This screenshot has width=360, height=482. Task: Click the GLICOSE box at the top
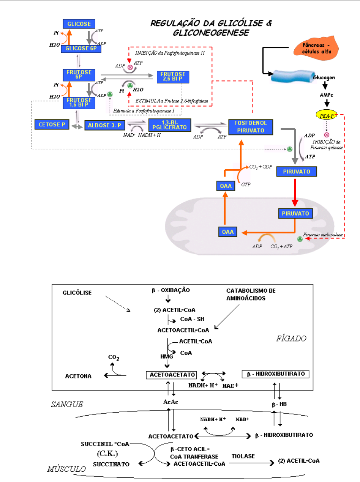pyautogui.click(x=79, y=24)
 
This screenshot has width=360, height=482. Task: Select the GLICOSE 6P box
pyautogui.click(x=79, y=49)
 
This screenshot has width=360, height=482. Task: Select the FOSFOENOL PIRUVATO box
pyautogui.click(x=251, y=127)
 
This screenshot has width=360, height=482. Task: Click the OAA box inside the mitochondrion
pyautogui.click(x=228, y=232)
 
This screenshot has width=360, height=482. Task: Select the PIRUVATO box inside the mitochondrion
pyautogui.click(x=295, y=213)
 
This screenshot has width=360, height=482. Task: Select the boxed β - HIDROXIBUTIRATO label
pyautogui.click(x=276, y=374)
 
